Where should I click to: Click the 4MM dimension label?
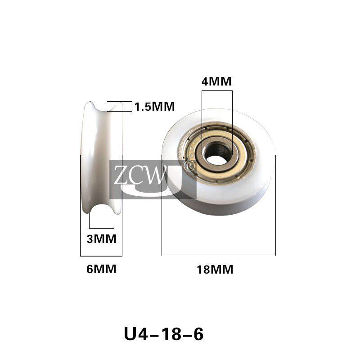coord(216,81)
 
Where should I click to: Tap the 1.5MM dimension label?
coord(154,107)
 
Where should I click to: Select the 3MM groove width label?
coord(101,238)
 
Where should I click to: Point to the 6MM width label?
coord(101,269)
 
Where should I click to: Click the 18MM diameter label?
coord(215,270)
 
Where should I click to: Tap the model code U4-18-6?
coord(163,334)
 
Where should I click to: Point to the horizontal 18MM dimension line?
coord(218,255)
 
